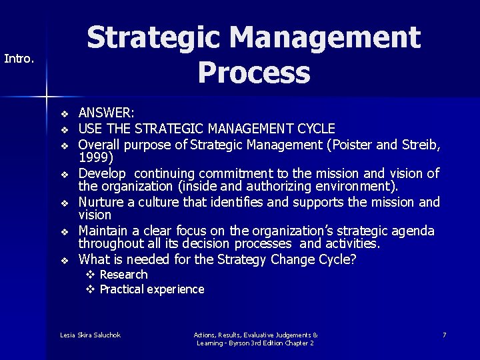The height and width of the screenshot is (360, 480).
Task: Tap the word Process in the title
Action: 253,73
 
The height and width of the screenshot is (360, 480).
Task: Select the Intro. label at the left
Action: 19,59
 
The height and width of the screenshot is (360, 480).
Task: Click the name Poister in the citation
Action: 346,143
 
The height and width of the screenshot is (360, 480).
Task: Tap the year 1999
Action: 93,158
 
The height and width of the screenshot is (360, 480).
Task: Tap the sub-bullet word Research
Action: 123,275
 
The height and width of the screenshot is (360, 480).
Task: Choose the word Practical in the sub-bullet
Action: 122,289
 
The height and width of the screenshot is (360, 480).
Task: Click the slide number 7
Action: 444,335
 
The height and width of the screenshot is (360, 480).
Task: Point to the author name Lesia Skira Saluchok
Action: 90,335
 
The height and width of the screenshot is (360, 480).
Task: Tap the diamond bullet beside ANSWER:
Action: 65,115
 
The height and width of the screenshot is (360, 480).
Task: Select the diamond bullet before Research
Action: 90,275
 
